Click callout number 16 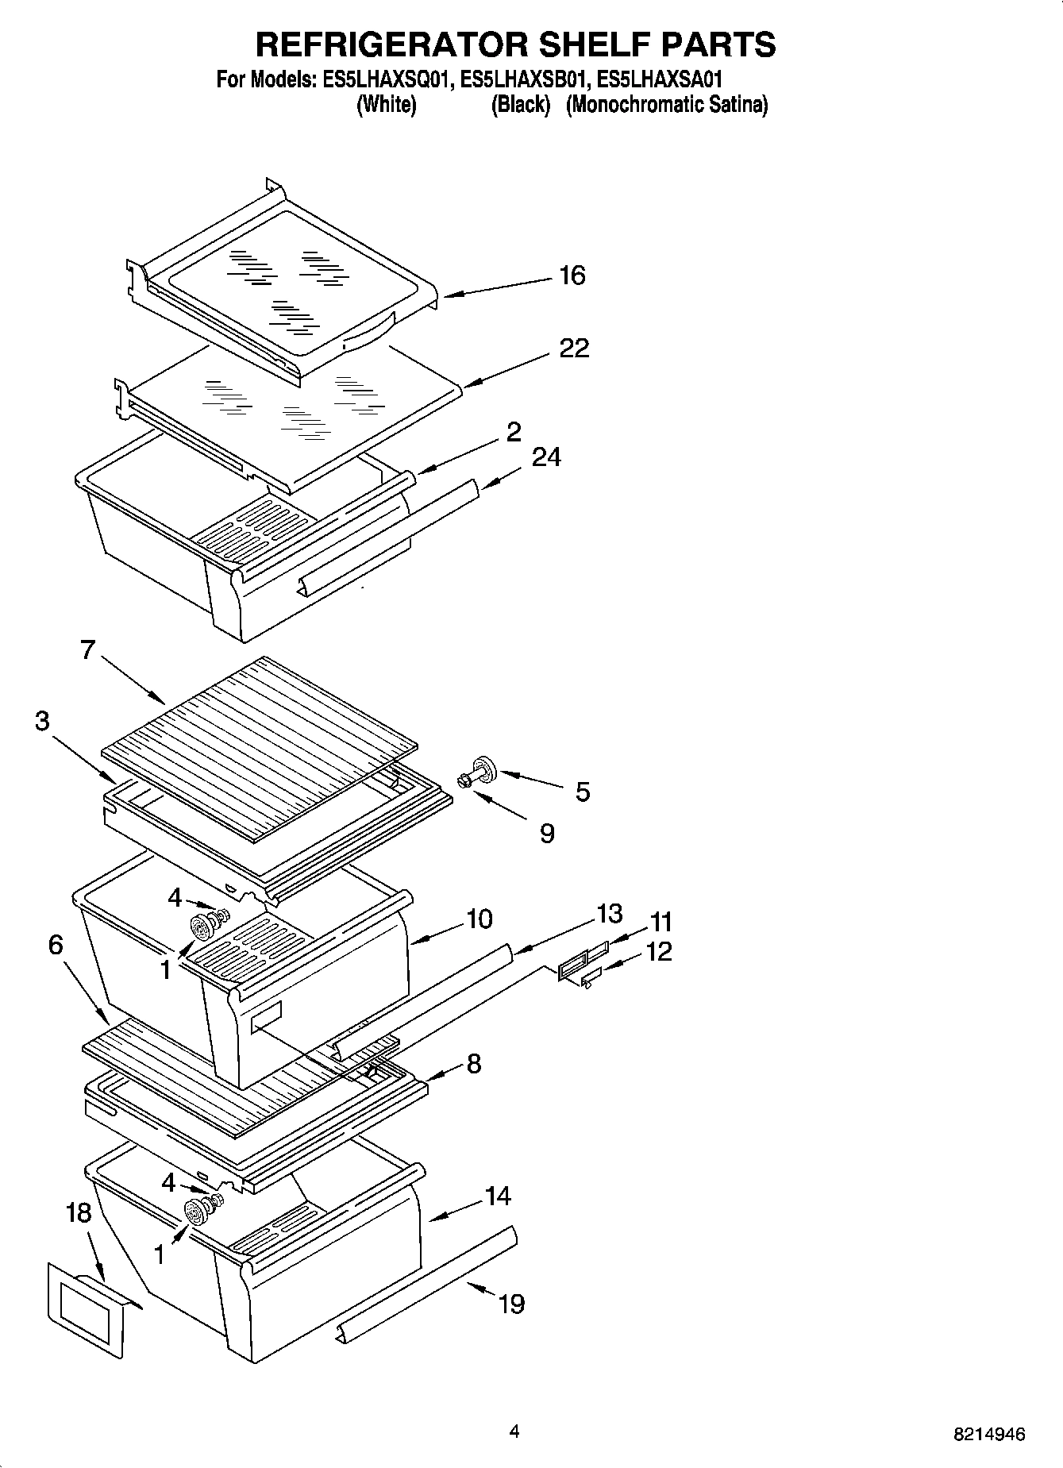572,275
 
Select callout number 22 574,348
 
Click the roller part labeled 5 482,769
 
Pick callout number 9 546,833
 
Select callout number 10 479,919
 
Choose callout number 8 473,1063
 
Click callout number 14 498,1196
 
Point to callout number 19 511,1303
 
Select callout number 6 55,944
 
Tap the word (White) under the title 387,104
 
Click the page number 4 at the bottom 514,1431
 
